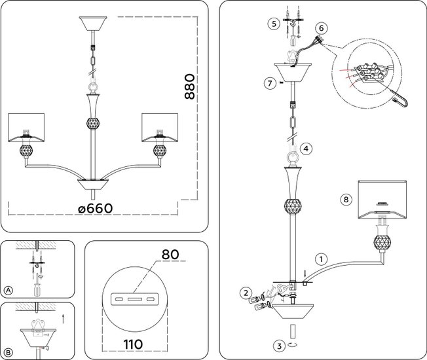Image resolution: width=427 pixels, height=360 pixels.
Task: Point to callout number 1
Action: (321, 258)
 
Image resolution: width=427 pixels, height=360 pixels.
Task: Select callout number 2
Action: (244, 293)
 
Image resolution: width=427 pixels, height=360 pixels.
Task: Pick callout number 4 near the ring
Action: (307, 148)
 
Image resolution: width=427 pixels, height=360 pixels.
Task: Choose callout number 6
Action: (320, 28)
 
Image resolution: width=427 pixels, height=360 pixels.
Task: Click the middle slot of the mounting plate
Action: (136, 298)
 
